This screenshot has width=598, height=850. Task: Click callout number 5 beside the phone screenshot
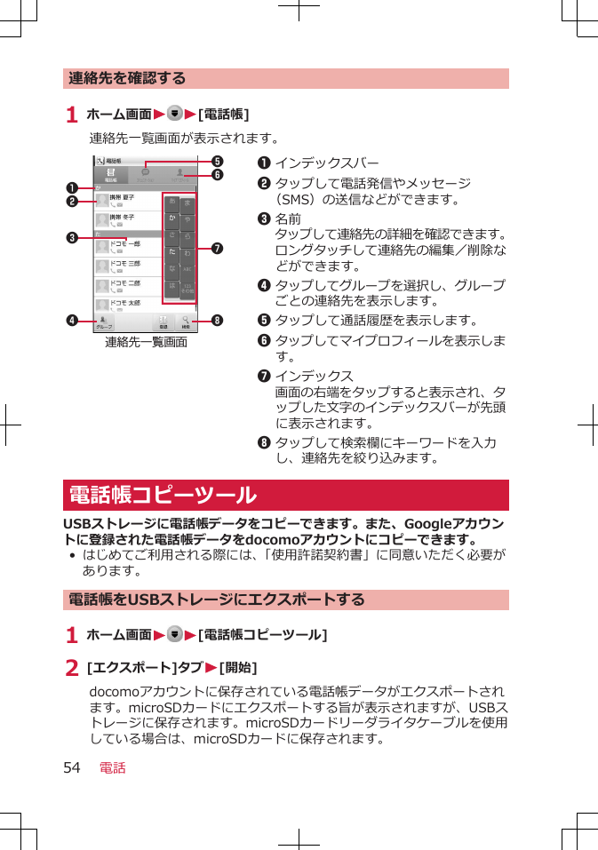pyautogui.click(x=216, y=162)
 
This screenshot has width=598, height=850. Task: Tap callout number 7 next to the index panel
pyautogui.click(x=216, y=244)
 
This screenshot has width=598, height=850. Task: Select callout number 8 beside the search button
pyautogui.click(x=216, y=320)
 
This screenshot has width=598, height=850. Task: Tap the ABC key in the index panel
pyautogui.click(x=187, y=272)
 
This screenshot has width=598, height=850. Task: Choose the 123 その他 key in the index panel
pyautogui.click(x=187, y=290)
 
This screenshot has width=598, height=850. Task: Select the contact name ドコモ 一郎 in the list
pyautogui.click(x=125, y=242)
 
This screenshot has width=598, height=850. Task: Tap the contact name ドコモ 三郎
pyautogui.click(x=125, y=263)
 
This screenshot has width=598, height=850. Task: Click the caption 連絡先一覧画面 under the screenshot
pyautogui.click(x=146, y=342)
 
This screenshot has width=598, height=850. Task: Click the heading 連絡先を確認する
pyautogui.click(x=128, y=78)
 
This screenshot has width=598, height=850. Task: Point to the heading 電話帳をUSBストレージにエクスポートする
pyautogui.click(x=217, y=600)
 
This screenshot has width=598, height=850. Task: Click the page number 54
pyautogui.click(x=73, y=767)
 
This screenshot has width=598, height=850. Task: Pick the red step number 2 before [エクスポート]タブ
pyautogui.click(x=72, y=668)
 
